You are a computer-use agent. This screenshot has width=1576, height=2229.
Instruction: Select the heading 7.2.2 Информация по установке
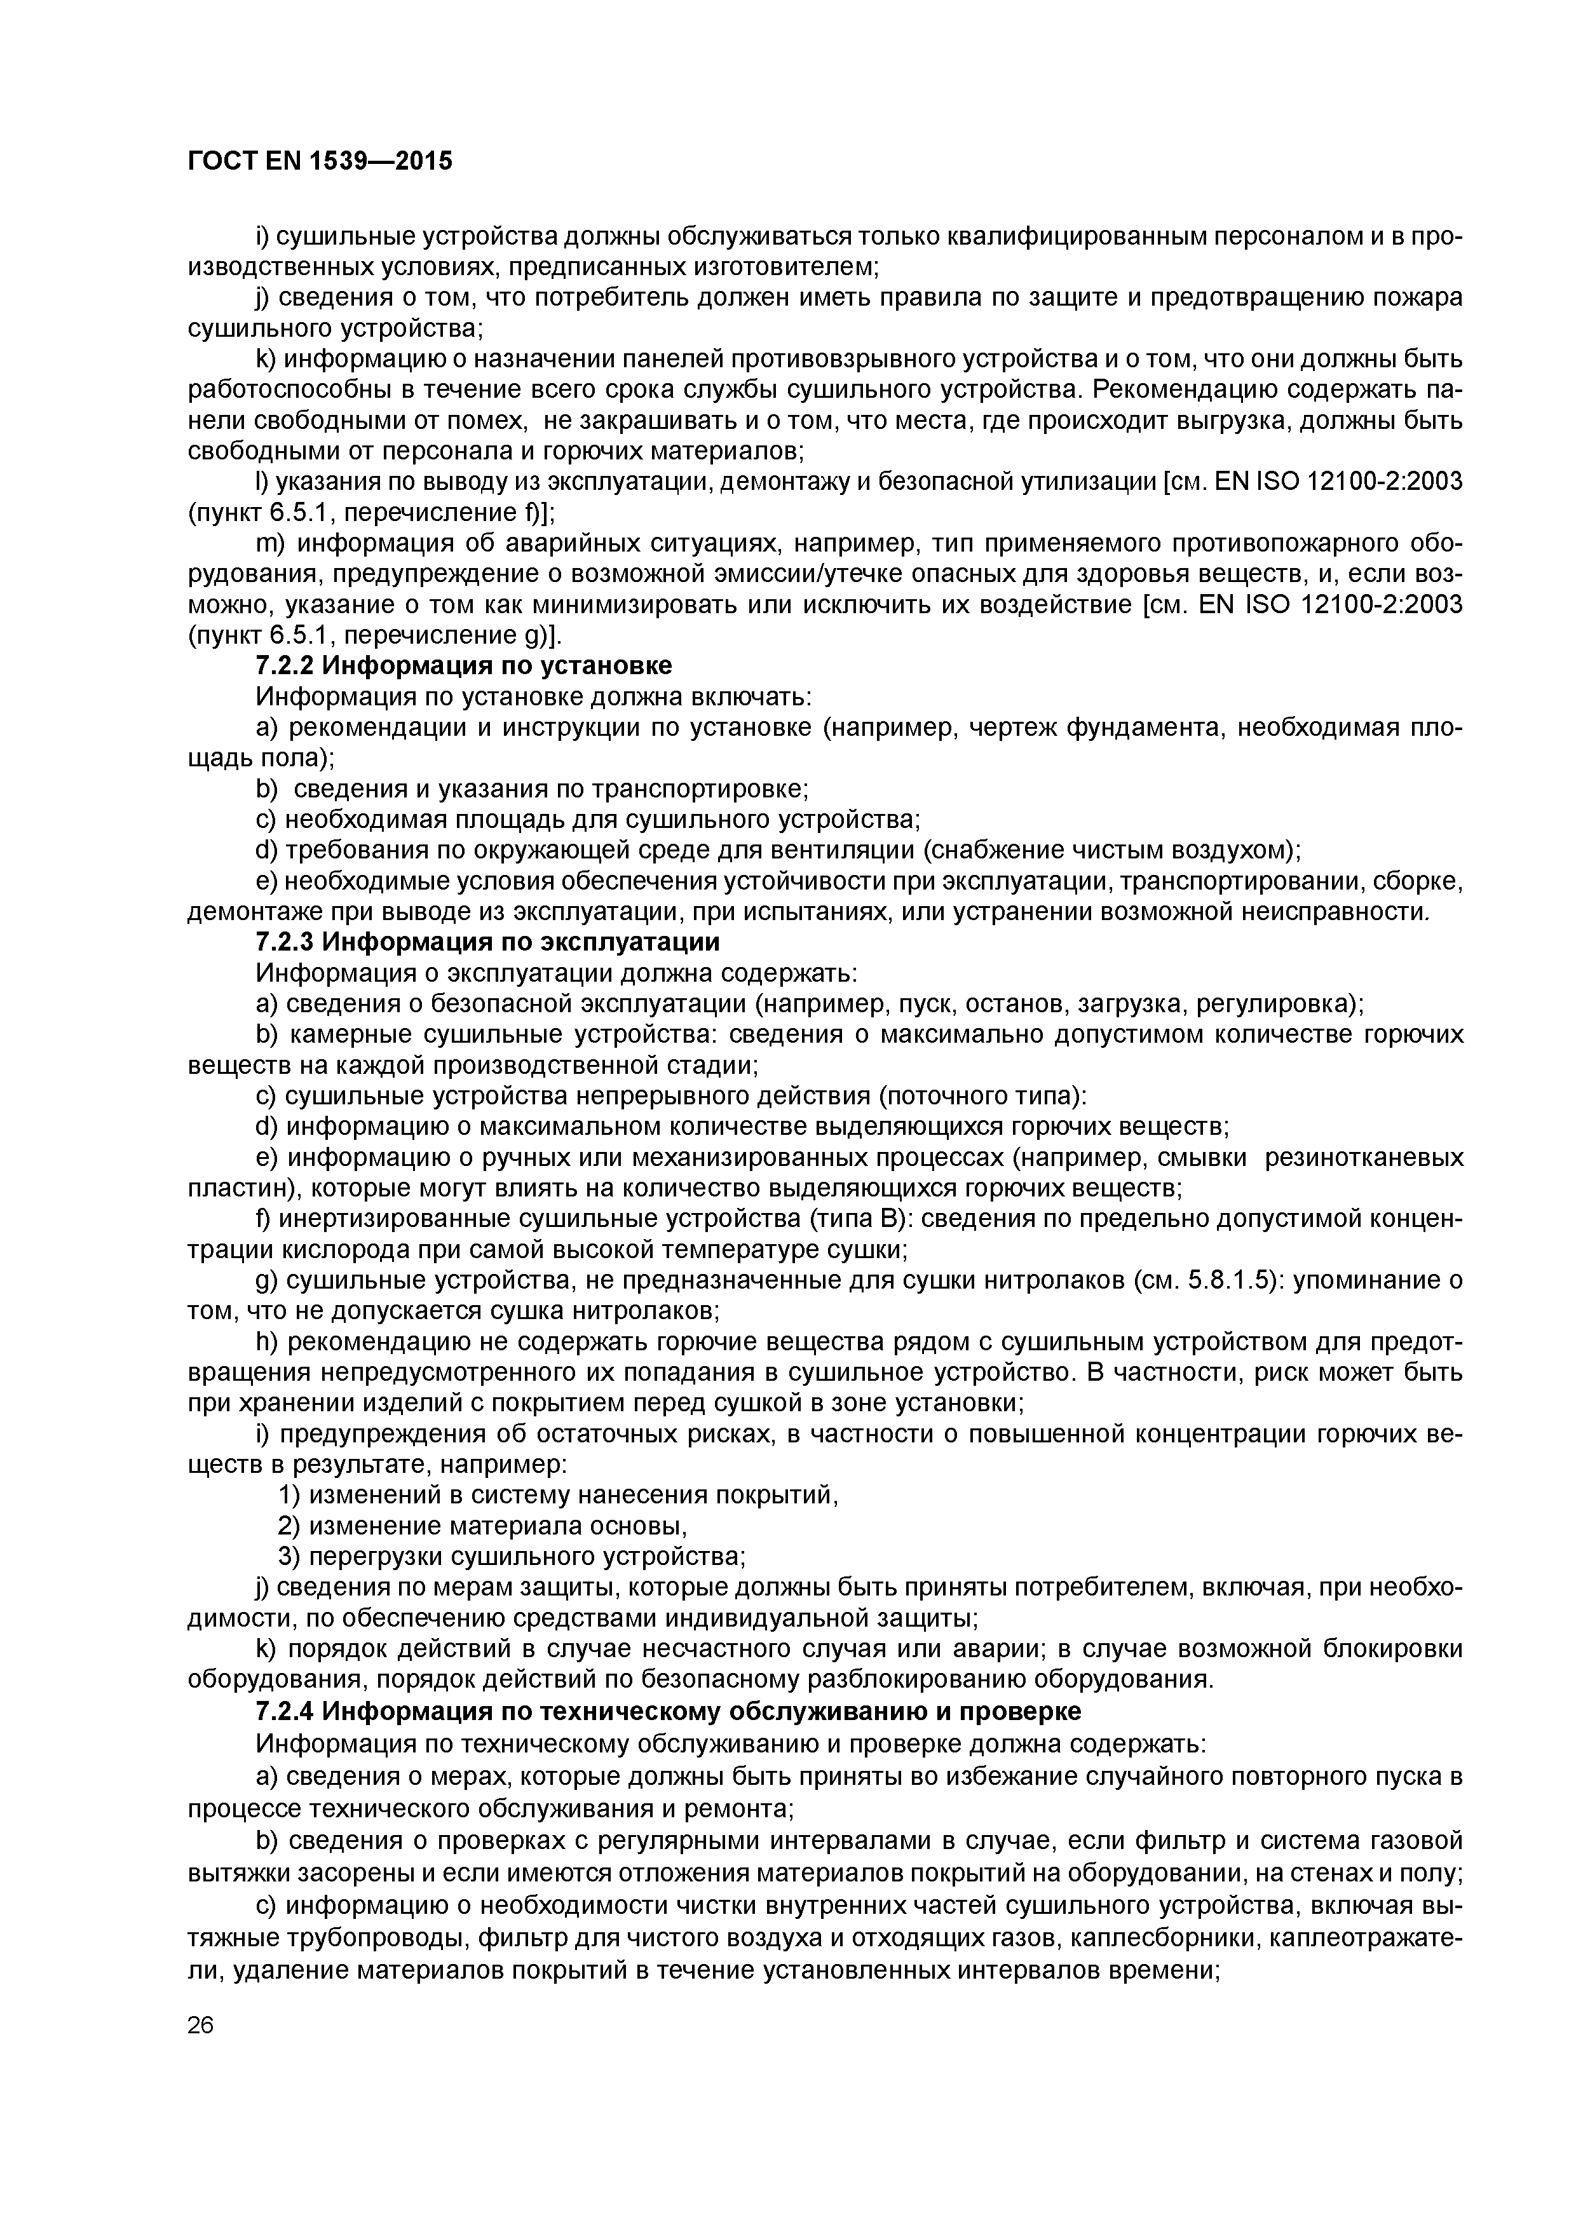463,665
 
